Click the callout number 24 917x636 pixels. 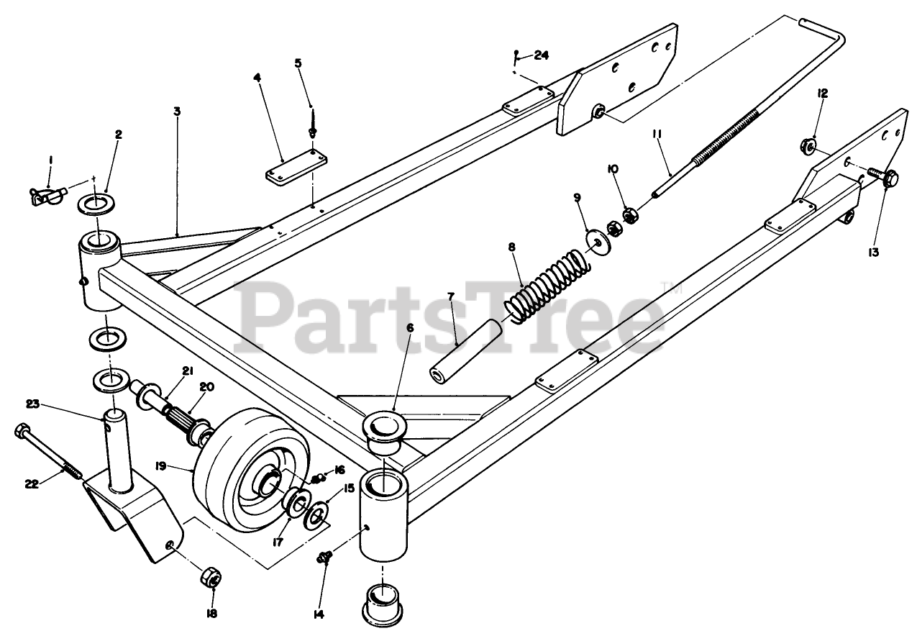tap(542, 55)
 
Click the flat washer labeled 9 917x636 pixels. tap(598, 240)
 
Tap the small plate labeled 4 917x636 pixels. tap(295, 168)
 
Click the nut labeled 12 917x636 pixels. tap(808, 147)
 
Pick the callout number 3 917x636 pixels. tap(177, 112)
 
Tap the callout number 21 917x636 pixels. tap(188, 371)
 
